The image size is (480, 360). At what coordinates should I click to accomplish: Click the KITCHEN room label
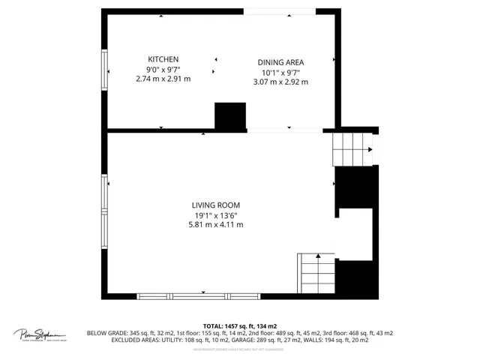coord(163,59)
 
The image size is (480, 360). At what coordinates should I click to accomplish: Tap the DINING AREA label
coord(280,62)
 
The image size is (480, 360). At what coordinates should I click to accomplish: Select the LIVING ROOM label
coord(215,205)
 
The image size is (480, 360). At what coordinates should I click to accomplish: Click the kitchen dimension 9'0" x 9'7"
coord(163,69)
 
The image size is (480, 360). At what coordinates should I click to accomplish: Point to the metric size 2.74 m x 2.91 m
coord(163,79)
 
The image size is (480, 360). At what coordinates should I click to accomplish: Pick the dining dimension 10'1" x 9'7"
coord(280,72)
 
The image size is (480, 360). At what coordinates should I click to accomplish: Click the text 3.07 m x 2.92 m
coord(280,82)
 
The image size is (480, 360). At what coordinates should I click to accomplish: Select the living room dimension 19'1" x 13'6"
coord(215,214)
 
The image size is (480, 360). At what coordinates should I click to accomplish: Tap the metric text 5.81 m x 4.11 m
coord(215,224)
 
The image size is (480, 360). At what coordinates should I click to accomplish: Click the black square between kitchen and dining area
coord(230,116)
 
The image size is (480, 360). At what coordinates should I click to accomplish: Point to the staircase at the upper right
coord(352,148)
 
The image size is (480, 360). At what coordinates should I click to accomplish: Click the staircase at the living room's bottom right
coord(316,273)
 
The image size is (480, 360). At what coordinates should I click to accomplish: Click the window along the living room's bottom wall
coord(203,296)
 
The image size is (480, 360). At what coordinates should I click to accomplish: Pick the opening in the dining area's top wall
coord(273,11)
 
